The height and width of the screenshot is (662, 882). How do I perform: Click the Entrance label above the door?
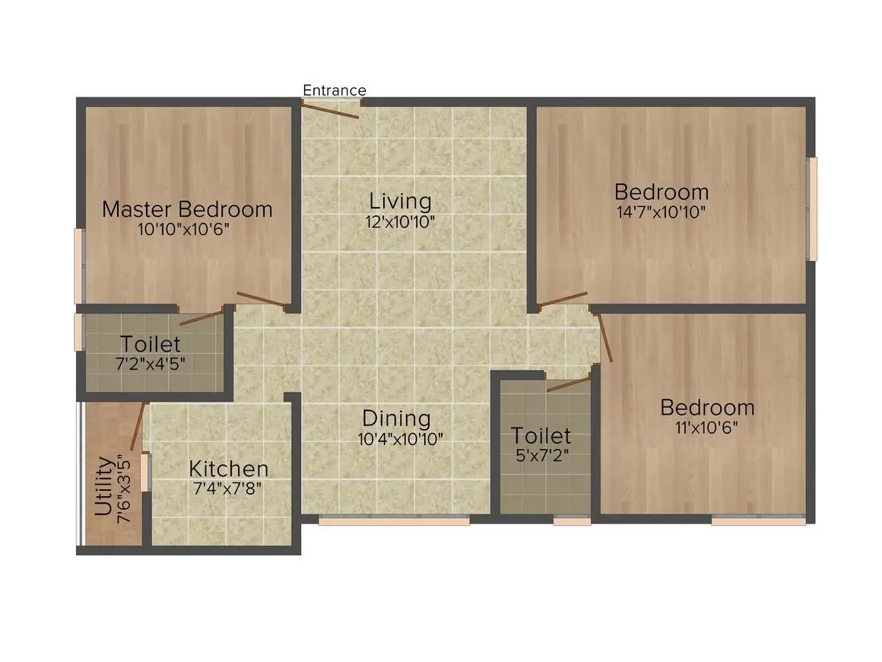335,91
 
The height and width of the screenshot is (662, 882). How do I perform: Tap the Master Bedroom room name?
187,209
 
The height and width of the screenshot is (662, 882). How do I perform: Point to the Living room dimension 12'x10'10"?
400,222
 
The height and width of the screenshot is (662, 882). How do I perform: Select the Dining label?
396,419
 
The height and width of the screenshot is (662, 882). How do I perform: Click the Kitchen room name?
228,469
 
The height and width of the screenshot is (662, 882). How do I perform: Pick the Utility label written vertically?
104,487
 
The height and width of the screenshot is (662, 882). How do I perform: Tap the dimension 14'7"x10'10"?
661,212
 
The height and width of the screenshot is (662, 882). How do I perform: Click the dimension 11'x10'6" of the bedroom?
707,427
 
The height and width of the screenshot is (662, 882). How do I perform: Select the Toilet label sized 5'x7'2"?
541,436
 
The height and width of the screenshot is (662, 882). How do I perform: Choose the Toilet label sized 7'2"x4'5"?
151,345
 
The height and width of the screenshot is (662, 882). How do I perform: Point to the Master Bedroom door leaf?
260,301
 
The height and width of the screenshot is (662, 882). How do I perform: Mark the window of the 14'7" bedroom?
812,208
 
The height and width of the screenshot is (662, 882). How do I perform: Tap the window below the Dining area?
393,521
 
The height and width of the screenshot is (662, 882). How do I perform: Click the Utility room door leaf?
137,426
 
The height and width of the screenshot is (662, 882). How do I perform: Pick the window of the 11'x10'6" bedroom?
758,521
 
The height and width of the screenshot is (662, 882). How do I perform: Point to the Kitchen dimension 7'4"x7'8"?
228,489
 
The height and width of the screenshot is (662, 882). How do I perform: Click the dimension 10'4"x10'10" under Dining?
400,439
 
